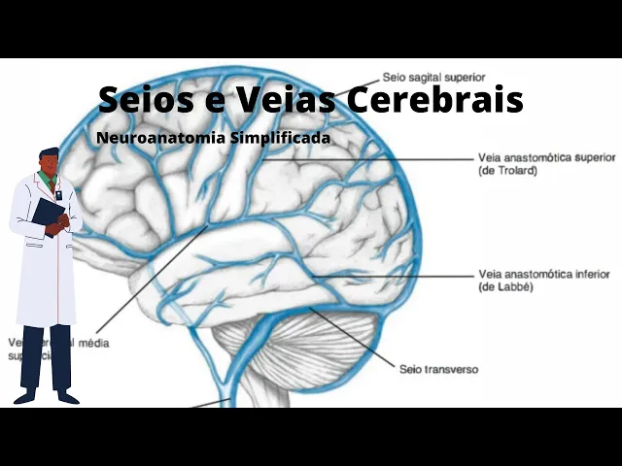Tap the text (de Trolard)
tap(507, 170)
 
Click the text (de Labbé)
tap(505, 287)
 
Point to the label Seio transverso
tap(438, 369)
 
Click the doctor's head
tap(49, 162)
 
